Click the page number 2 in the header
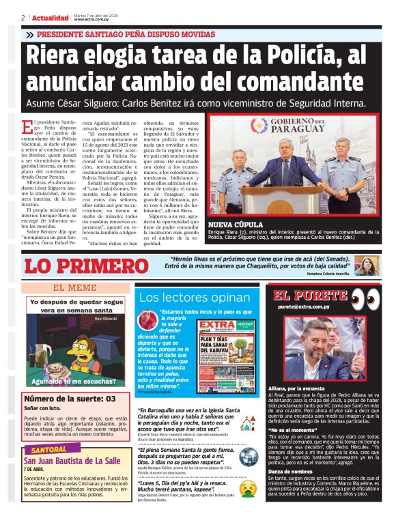tap(23, 17)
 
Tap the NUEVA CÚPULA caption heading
tap(236, 224)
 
